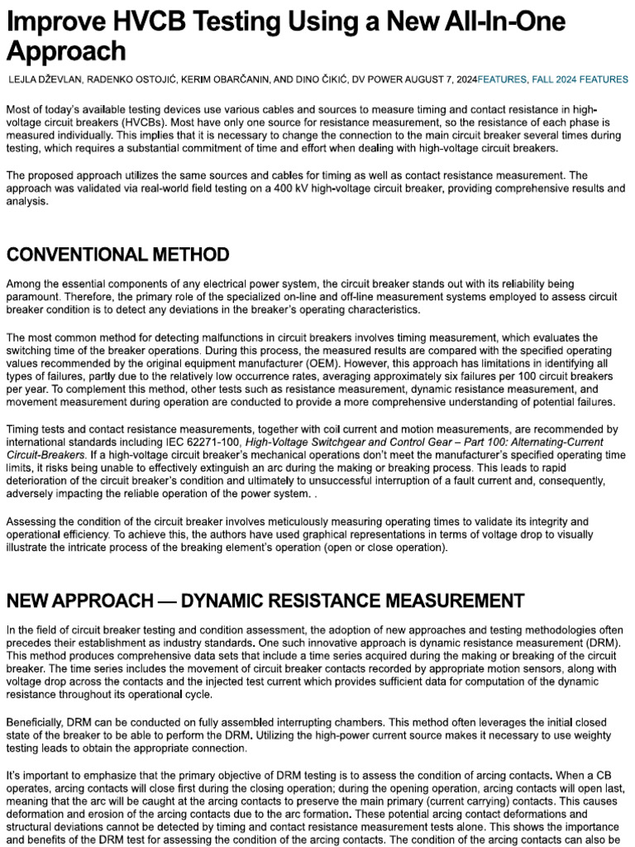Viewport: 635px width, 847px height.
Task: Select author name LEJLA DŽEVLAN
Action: [x=49, y=80]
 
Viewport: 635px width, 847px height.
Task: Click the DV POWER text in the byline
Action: [x=379, y=80]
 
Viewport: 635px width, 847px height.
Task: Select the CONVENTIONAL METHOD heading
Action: [x=117, y=253]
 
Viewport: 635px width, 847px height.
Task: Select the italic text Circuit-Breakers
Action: [x=46, y=454]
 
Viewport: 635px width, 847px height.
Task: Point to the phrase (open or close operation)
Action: [x=385, y=548]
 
